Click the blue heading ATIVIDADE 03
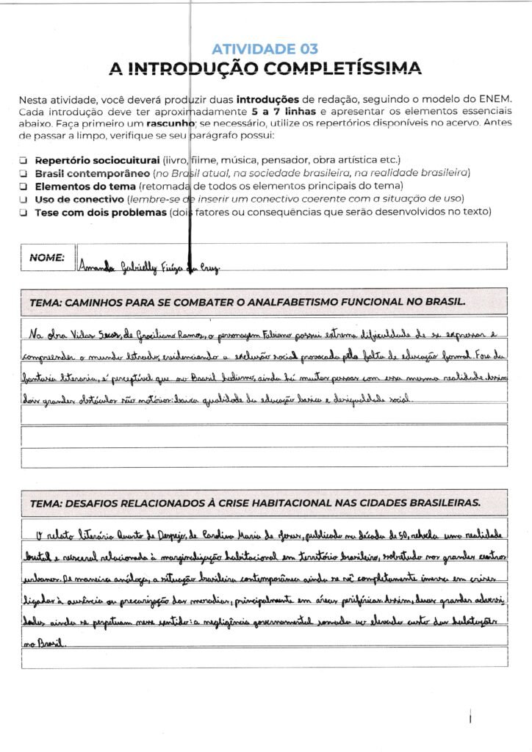[265, 49]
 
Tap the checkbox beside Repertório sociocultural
[24, 160]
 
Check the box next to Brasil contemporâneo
[24, 173]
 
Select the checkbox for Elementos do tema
[24, 187]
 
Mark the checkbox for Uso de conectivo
[24, 200]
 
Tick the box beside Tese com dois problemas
[24, 213]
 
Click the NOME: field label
[47, 258]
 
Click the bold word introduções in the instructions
[267, 99]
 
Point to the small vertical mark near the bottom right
[470, 717]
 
